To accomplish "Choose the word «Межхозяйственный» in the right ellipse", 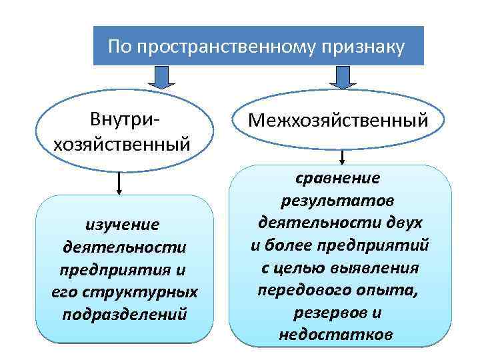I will coord(337,121).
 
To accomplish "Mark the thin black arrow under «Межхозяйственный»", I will coord(342,157).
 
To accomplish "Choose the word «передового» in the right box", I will coord(303,290).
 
